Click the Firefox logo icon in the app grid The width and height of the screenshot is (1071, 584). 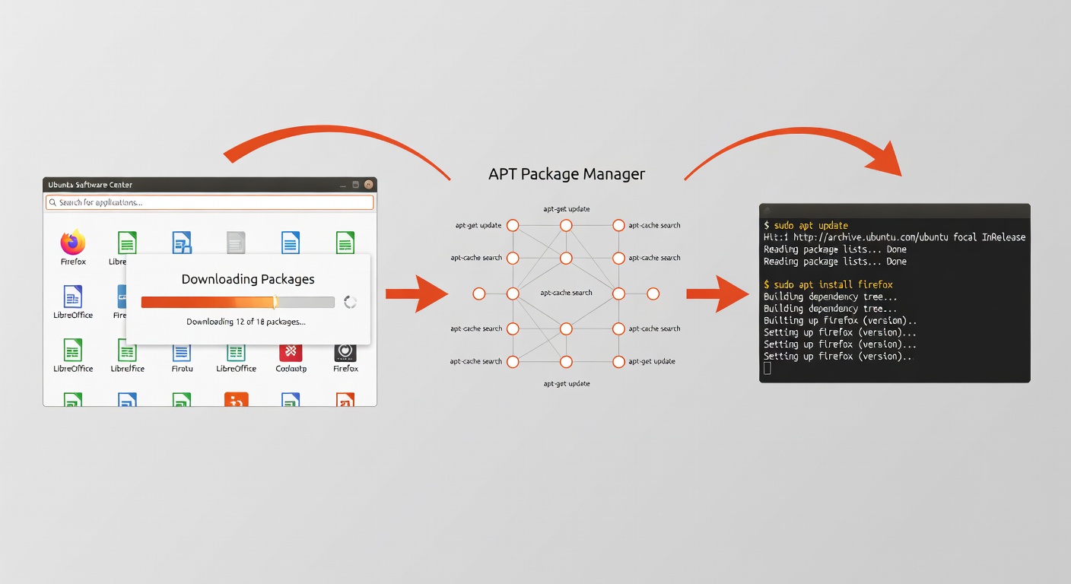pos(73,243)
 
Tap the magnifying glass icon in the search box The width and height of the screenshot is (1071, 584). pos(52,202)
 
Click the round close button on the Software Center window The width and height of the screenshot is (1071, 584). pos(369,184)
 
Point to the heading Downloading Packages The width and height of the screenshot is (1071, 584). pos(248,279)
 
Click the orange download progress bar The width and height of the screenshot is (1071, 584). pos(209,302)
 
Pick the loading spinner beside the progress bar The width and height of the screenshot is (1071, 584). pos(350,302)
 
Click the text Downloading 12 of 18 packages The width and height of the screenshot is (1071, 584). pos(246,322)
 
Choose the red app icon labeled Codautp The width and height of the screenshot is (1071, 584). pos(291,351)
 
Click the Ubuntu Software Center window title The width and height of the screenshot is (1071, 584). pos(90,185)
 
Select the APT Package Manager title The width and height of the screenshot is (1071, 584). pos(566,174)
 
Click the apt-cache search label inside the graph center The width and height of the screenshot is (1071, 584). pos(566,293)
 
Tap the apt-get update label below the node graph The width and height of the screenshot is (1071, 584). pos(566,384)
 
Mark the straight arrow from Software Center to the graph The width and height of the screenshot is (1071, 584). pos(416,294)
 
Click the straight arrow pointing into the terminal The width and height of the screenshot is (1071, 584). pos(717,294)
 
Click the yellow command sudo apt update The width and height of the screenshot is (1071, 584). pos(811,226)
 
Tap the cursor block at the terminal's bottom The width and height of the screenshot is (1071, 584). pos(767,368)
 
